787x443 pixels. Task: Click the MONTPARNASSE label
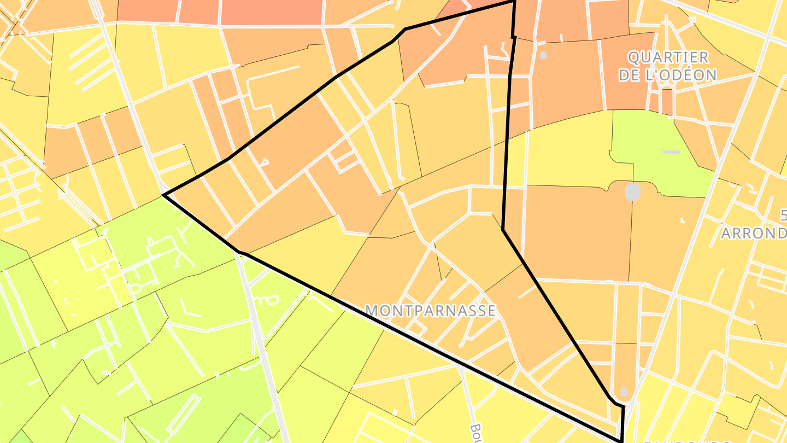(431, 311)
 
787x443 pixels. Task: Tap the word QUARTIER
(668, 57)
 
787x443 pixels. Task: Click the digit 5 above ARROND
(783, 215)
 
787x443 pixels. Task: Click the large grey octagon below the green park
(632, 192)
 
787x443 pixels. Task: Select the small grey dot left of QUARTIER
(543, 55)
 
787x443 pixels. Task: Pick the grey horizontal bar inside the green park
(672, 152)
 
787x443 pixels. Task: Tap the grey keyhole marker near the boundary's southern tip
(624, 392)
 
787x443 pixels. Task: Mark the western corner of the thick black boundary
(163, 194)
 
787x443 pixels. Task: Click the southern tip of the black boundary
(622, 441)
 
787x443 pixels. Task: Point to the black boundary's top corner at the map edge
(514, 2)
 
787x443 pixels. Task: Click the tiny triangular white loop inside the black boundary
(265, 162)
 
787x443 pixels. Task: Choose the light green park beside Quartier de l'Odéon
(661, 148)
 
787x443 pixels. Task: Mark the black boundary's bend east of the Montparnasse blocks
(503, 230)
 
